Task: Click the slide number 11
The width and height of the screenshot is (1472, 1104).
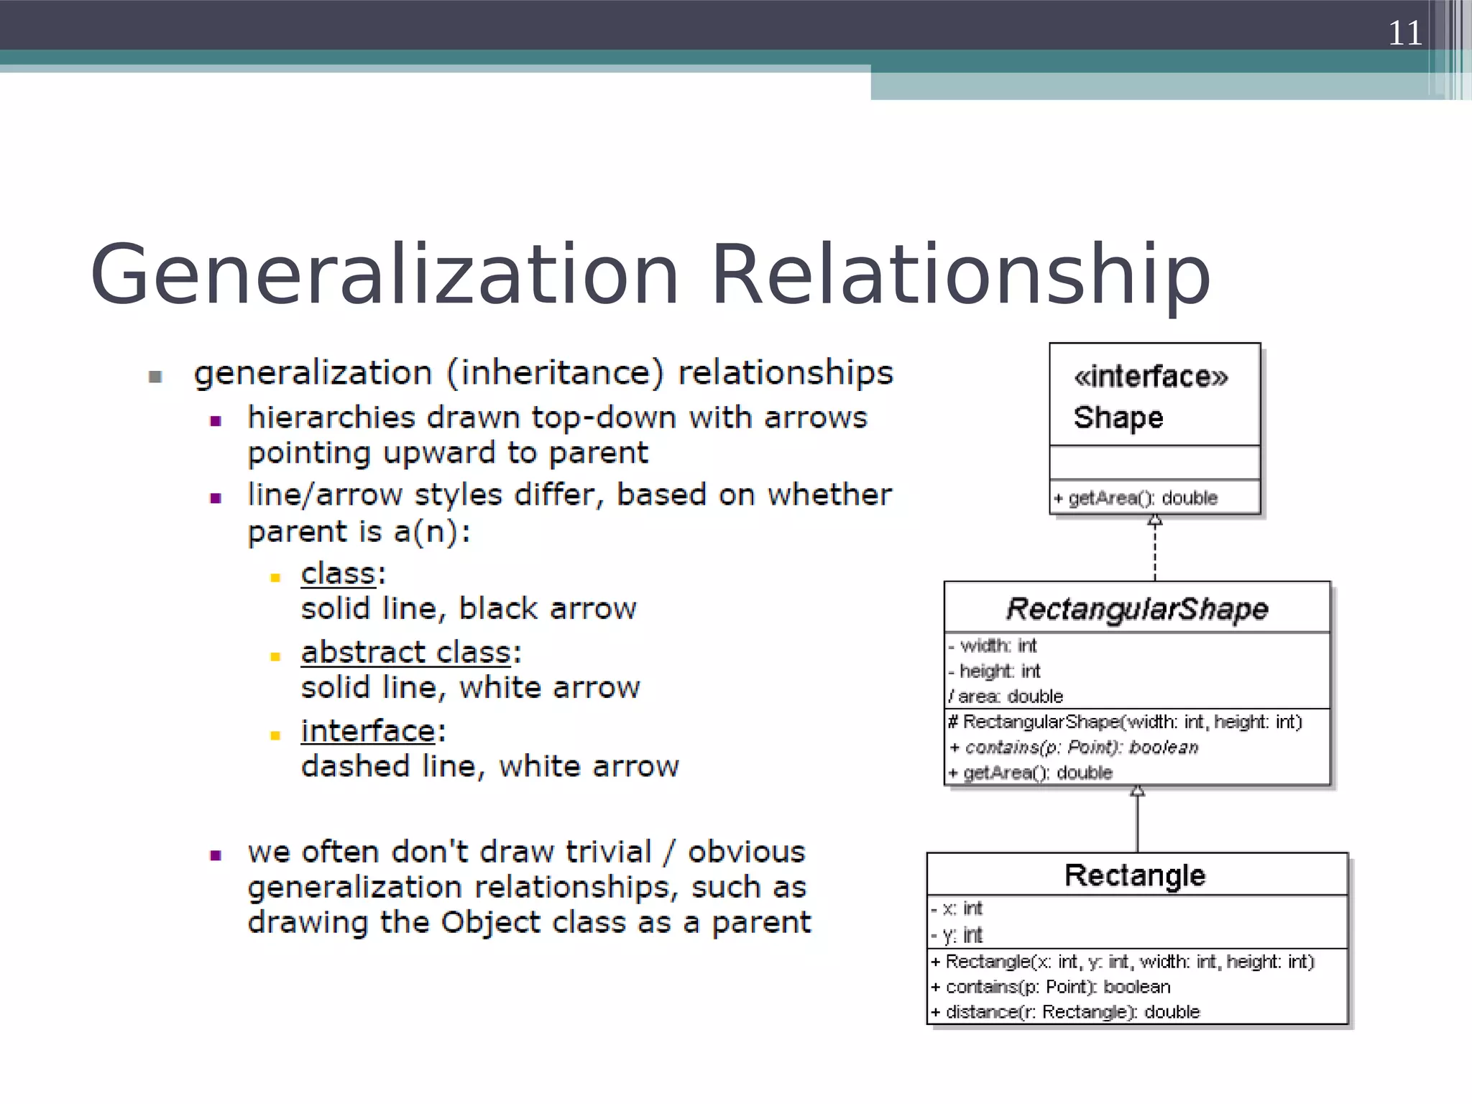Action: (1404, 33)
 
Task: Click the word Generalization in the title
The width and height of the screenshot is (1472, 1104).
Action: (385, 275)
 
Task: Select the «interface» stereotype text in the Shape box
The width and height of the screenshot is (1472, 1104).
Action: (1151, 377)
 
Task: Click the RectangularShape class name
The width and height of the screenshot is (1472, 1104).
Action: (1136, 609)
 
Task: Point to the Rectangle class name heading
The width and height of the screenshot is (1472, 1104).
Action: (1135, 875)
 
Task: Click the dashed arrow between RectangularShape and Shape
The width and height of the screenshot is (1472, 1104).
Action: (1154, 549)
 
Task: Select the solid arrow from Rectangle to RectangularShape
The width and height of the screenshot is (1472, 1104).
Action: (1137, 819)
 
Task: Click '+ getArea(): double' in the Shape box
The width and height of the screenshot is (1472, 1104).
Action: (1136, 497)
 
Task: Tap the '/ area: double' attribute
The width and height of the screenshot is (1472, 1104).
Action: (1006, 696)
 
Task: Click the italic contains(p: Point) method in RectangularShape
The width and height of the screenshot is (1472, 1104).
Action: (1075, 747)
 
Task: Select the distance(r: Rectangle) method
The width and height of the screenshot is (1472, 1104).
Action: (1066, 1012)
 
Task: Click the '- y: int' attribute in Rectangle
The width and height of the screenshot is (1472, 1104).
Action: (957, 935)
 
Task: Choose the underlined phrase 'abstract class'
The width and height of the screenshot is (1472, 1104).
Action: (406, 652)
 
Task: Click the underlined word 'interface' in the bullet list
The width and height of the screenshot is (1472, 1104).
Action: (368, 731)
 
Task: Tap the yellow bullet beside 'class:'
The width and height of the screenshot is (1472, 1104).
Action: (275, 577)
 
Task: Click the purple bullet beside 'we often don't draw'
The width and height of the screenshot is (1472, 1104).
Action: (215, 855)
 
